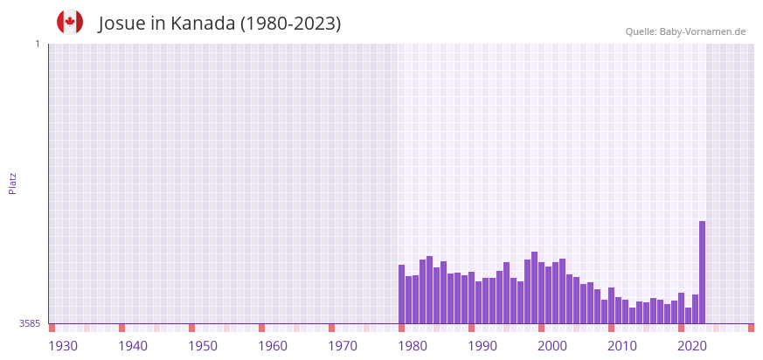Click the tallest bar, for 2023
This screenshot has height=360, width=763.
pos(702,272)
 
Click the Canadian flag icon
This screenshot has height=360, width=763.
pos(70,22)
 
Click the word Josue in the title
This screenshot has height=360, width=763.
pos(122,24)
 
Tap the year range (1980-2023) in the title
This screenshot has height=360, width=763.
pos(291,24)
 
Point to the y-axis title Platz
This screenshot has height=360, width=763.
pos(12,183)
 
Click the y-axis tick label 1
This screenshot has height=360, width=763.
pos(38,44)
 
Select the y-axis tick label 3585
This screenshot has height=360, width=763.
pos(30,323)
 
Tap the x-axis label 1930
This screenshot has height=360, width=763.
pos(63,346)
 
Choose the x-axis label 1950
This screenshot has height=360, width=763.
pos(203,346)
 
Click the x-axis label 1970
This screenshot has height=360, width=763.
pos(343,346)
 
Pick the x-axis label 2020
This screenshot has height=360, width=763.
pos(692,346)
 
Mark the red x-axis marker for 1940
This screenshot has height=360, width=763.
pos(121,328)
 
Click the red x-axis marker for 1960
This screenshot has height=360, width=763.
pos(261,328)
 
